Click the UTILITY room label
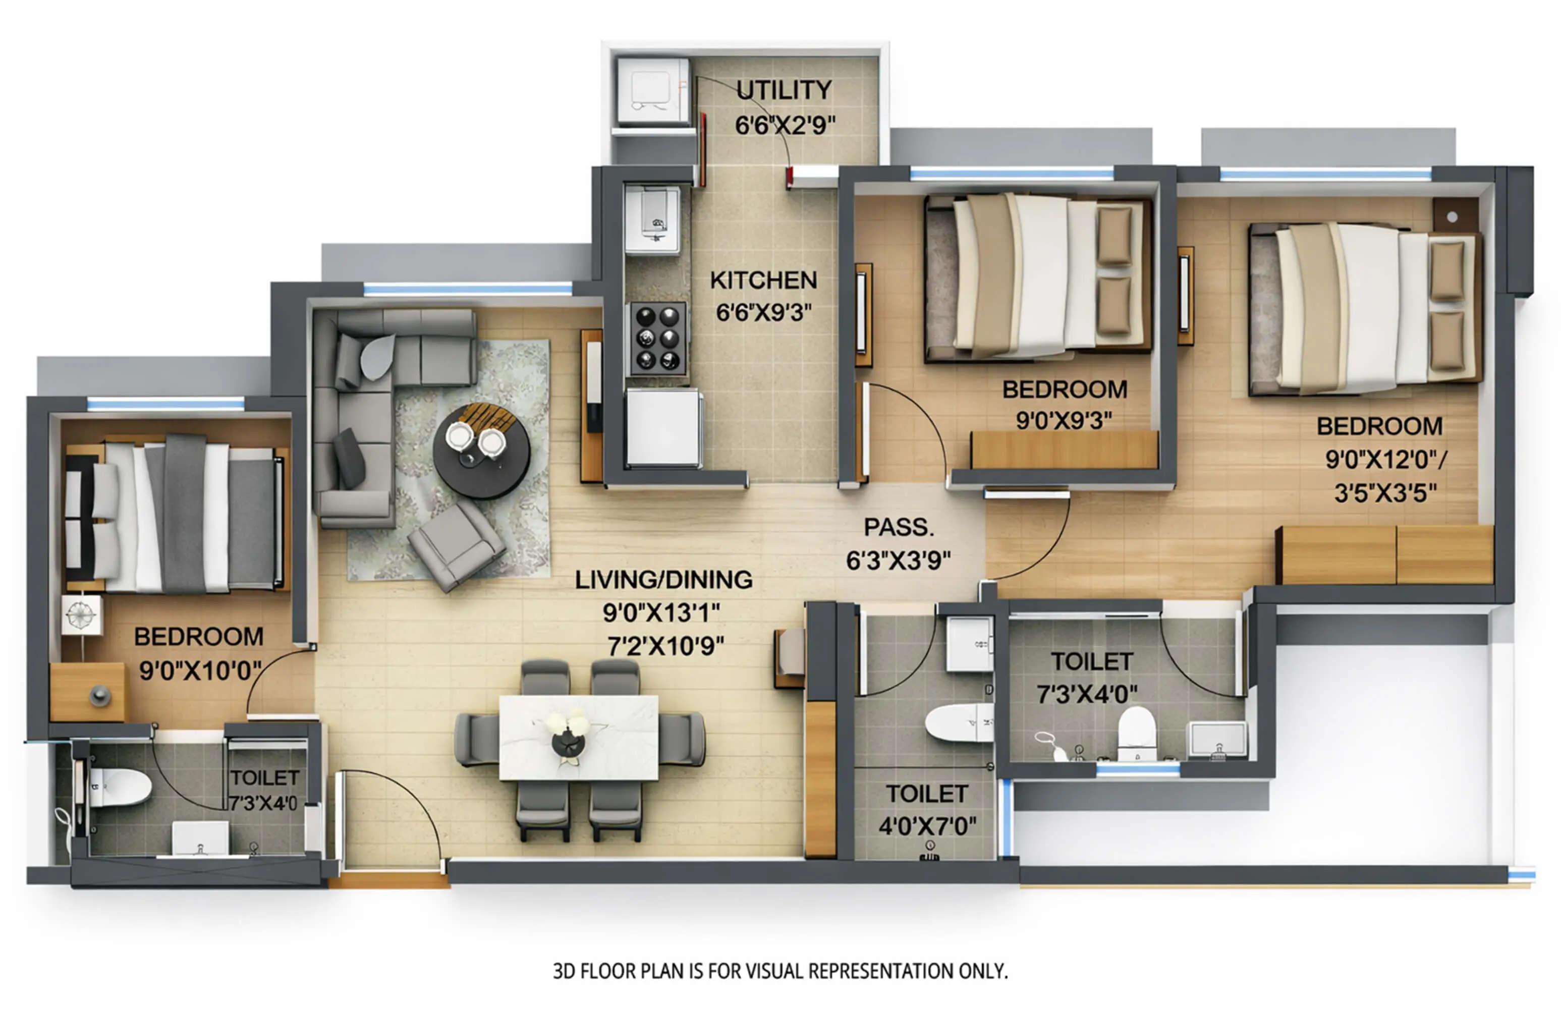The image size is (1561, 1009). (784, 90)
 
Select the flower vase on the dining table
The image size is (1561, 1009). (567, 735)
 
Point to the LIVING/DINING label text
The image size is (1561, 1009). (663, 580)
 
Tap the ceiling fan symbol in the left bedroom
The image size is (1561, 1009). (81, 614)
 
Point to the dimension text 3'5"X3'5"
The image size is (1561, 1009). (1385, 493)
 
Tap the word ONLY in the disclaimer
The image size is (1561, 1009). (983, 971)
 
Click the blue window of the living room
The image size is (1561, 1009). (468, 288)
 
